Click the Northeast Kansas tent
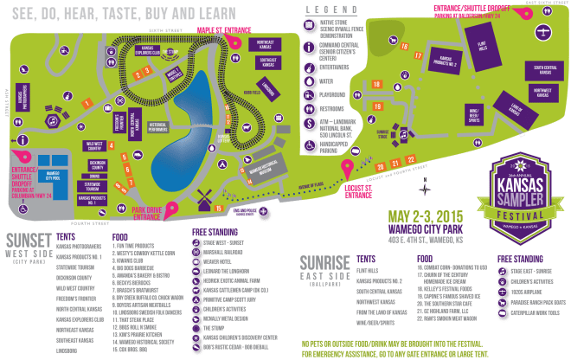pos(264,46)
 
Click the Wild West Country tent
pos(93,146)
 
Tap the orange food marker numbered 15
pos(219,209)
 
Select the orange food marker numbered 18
pos(378,83)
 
